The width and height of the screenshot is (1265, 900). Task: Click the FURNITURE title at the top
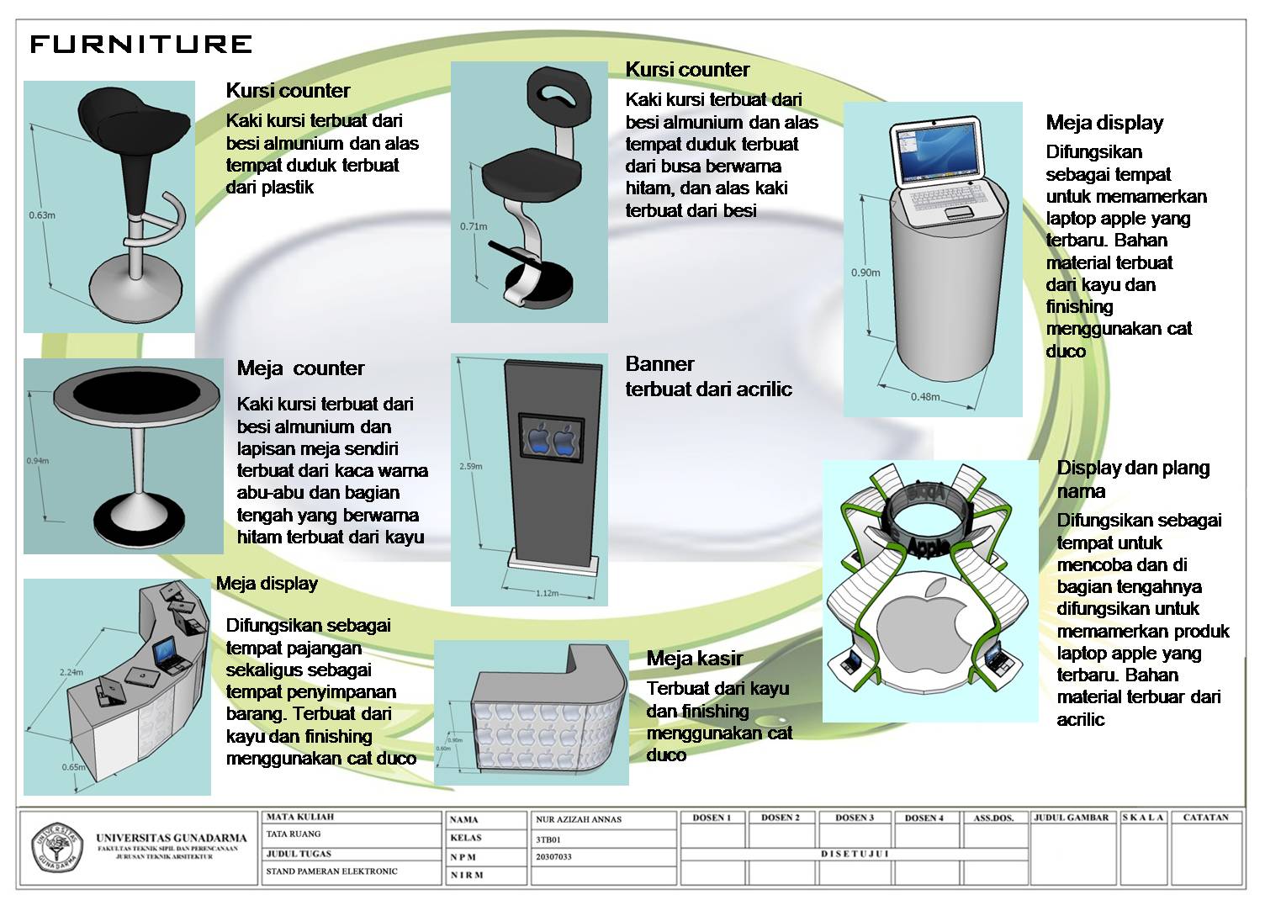[x=140, y=44]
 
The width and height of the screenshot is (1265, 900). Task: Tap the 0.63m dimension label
[x=41, y=214]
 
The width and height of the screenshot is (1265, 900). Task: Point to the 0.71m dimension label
[x=474, y=226]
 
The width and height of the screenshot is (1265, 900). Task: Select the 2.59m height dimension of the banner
[x=470, y=465]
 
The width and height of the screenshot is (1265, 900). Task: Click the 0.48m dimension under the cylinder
[x=925, y=396]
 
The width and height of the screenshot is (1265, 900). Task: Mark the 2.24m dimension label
[x=71, y=672]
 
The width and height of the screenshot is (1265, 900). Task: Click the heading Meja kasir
[x=694, y=659]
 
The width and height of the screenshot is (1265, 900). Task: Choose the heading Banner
[x=659, y=364]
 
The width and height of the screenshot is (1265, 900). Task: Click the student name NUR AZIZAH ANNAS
[x=578, y=818]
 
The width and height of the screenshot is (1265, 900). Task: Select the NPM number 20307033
[x=553, y=856]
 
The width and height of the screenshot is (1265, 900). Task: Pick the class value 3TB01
[x=548, y=838]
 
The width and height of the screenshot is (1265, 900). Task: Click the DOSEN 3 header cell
[x=854, y=818]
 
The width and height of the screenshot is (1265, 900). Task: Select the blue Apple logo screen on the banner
[x=551, y=438]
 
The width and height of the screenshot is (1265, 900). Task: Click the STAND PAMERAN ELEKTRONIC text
[x=331, y=871]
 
